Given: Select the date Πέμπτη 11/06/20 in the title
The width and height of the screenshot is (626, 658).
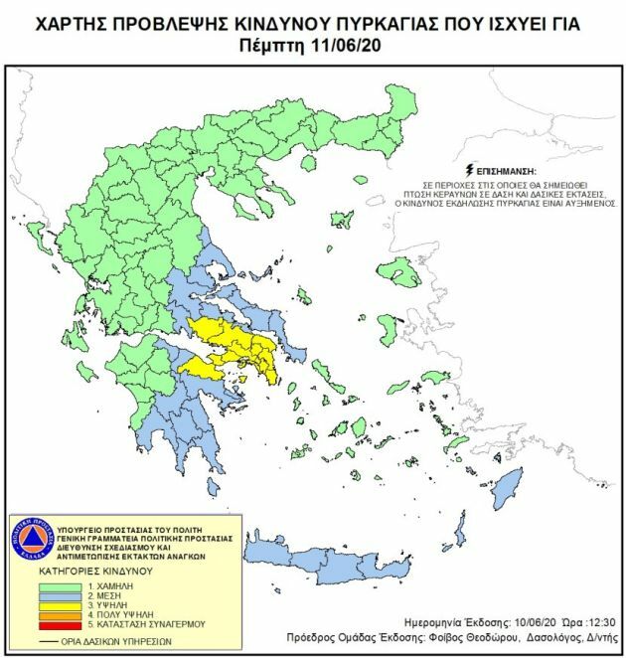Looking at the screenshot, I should [x=312, y=44].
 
